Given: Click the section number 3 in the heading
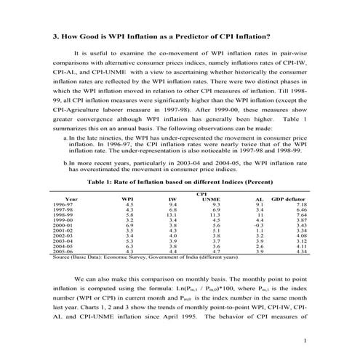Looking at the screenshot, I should pyautogui.click(x=56, y=36).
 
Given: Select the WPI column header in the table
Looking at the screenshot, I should pyautogui.click(x=128, y=198).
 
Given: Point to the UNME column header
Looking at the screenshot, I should pyautogui.click(x=210, y=198).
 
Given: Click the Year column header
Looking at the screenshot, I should pyautogui.click(x=71, y=198).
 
